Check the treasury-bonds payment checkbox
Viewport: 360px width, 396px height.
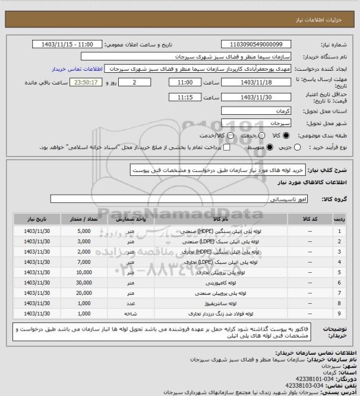point(225,147)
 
